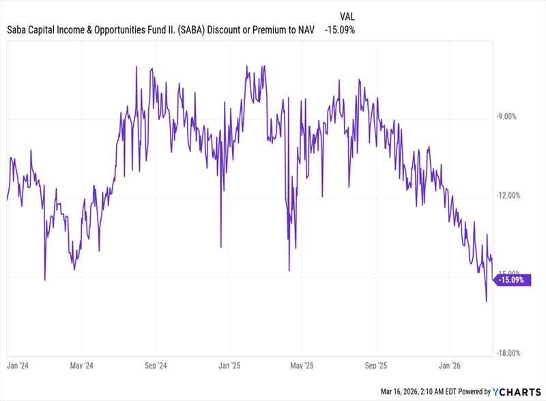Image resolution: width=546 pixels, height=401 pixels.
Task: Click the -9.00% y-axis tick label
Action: click(506, 117)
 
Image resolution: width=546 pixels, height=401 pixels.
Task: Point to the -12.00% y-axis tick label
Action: click(508, 195)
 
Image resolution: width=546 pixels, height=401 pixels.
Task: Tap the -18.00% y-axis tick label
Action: click(508, 353)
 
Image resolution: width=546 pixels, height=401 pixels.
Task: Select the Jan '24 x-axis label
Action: click(18, 366)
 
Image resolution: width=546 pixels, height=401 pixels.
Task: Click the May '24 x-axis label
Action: click(81, 366)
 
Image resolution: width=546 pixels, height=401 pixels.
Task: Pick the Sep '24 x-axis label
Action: click(156, 366)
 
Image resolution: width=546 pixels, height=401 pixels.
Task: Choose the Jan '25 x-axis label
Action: click(229, 366)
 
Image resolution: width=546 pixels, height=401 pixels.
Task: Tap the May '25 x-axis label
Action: click(302, 366)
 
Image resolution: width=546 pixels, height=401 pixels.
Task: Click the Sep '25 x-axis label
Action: click(376, 366)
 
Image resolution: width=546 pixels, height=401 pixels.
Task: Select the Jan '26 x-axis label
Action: click(449, 366)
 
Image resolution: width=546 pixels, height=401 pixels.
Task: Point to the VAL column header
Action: click(347, 16)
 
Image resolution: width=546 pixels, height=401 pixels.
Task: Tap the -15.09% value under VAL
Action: click(340, 30)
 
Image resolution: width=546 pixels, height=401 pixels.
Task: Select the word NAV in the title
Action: click(306, 30)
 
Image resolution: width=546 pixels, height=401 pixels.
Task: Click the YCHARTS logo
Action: click(517, 392)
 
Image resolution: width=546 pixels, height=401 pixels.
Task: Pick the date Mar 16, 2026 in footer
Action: click(399, 392)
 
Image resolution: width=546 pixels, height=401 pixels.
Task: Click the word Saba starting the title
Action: click(16, 30)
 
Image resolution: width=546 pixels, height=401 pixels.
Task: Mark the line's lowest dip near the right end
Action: click(487, 301)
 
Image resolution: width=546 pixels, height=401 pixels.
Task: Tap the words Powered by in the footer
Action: click(474, 392)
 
